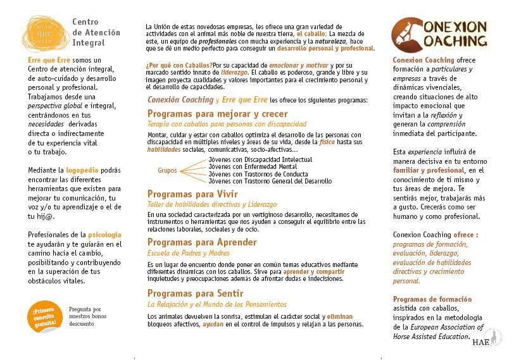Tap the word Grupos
click(167, 171)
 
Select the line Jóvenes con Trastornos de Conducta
click(259, 174)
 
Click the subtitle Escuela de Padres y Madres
click(189, 253)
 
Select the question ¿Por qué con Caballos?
click(179, 65)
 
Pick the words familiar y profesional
click(429, 170)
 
